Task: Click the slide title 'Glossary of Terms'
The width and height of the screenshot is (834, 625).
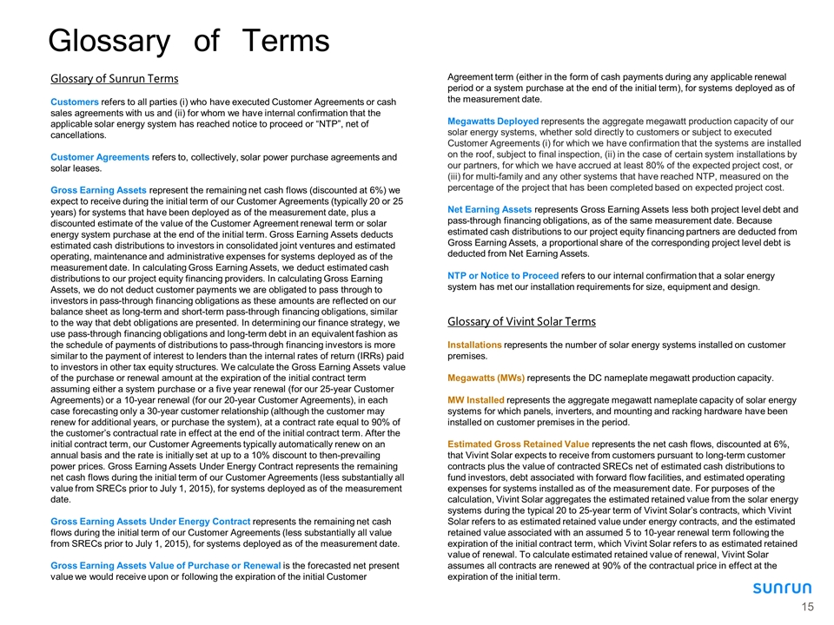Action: click(189, 40)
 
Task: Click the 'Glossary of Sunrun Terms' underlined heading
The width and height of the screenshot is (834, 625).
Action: click(114, 79)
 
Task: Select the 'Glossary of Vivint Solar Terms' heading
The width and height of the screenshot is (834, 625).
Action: click(521, 322)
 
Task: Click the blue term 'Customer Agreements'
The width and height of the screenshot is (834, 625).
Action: click(98, 157)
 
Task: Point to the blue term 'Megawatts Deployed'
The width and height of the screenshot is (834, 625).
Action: click(493, 121)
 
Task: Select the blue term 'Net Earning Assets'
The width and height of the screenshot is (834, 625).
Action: click(490, 209)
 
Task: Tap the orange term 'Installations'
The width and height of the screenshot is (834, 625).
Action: click(474, 345)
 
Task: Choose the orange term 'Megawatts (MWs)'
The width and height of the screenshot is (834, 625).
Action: click(486, 378)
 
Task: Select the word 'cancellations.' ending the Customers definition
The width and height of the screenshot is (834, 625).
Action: click(77, 135)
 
